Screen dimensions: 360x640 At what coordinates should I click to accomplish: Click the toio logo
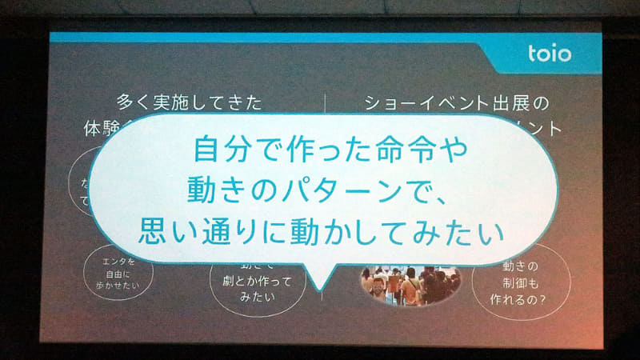coord(550,54)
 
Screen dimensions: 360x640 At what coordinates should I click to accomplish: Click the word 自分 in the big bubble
coord(215,150)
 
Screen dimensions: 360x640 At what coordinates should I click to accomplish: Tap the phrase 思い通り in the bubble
coord(189,233)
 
